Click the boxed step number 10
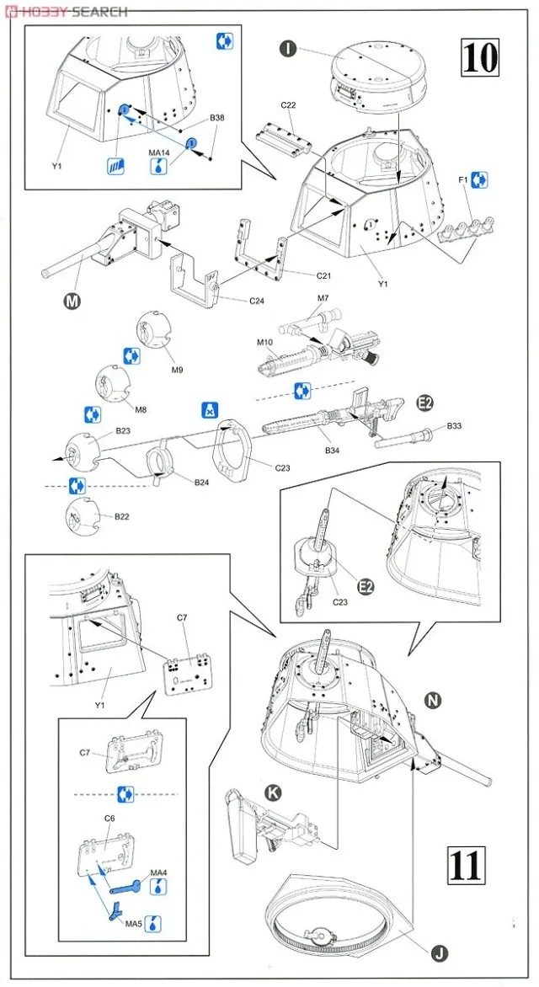tap(480, 57)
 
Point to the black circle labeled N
tap(433, 700)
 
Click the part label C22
tap(288, 105)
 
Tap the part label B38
tap(216, 117)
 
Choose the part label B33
tap(454, 426)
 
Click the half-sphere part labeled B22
tap(81, 516)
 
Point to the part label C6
tap(109, 817)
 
